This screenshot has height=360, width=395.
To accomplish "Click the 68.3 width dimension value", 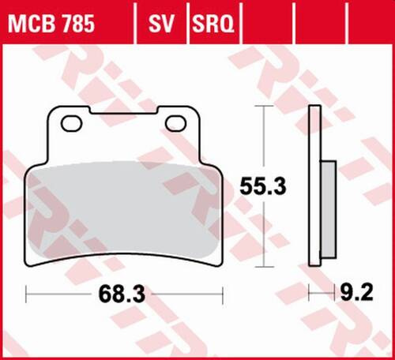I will [x=123, y=295].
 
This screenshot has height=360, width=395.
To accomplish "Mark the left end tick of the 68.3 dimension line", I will [x=27, y=295].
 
